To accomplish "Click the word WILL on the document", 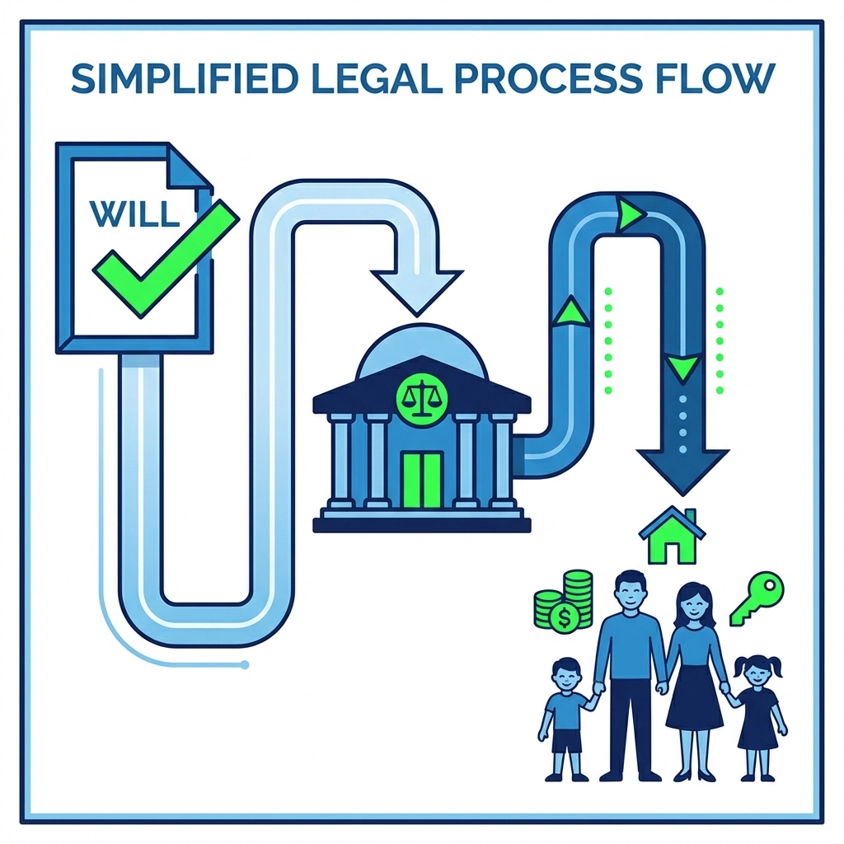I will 134,212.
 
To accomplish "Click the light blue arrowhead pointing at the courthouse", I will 415,289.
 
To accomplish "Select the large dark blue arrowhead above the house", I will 682,468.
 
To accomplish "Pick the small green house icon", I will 673,535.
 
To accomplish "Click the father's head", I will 631,591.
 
